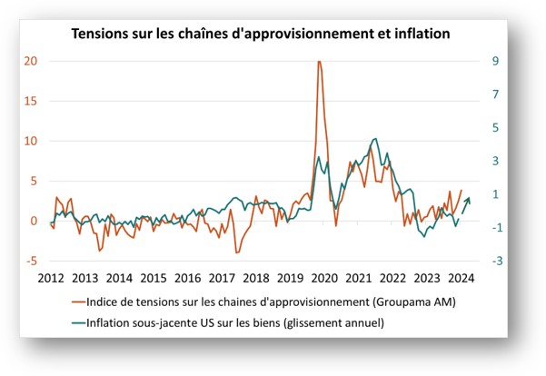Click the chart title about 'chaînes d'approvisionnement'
coord(261,34)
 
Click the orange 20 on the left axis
coord(31,61)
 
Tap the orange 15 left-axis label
coord(31,101)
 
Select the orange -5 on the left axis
coord(31,262)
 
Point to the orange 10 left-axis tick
coord(31,141)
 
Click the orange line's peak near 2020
coord(319,62)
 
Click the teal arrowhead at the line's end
coord(468,200)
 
